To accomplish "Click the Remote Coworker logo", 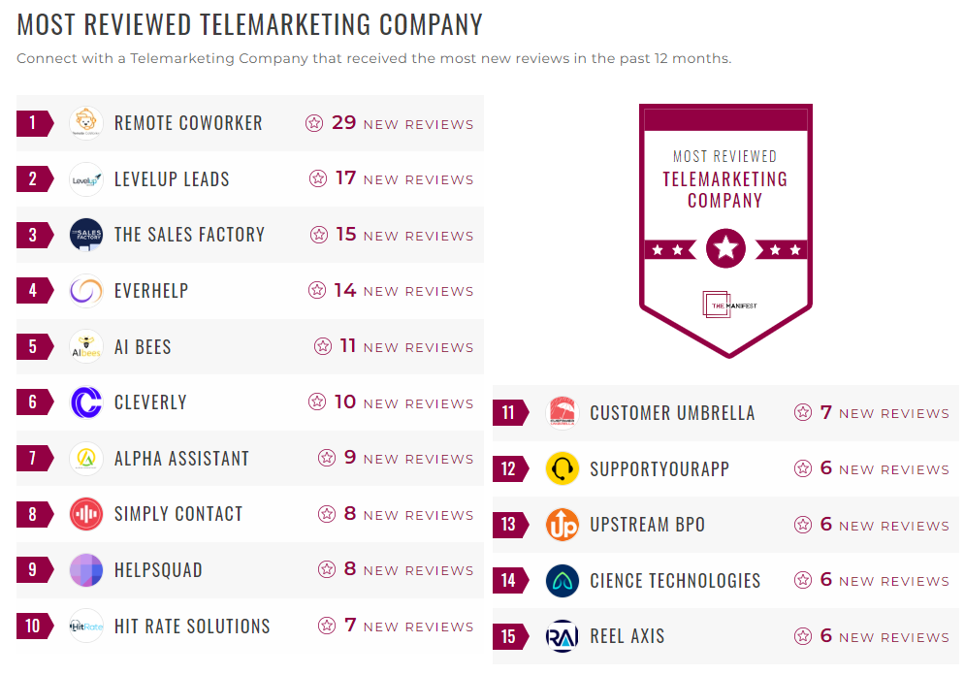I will (86, 123).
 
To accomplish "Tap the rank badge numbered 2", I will (34, 179).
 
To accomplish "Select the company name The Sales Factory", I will (189, 235).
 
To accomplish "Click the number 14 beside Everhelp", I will (344, 290).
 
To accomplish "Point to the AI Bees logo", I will (86, 346).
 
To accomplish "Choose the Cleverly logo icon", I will (86, 402).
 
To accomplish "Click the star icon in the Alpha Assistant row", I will (327, 458).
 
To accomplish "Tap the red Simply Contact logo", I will (86, 514).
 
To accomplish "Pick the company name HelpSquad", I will (158, 570).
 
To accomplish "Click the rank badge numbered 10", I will (34, 627).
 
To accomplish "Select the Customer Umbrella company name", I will (672, 413).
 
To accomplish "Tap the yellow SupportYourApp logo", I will (563, 469).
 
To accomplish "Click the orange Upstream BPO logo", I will (563, 525).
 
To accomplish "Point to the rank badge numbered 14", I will (510, 581).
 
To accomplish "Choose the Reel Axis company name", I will (627, 637).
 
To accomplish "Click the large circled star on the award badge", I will (725, 249).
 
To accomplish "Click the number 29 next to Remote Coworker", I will (344, 123).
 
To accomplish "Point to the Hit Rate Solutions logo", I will (86, 627).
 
